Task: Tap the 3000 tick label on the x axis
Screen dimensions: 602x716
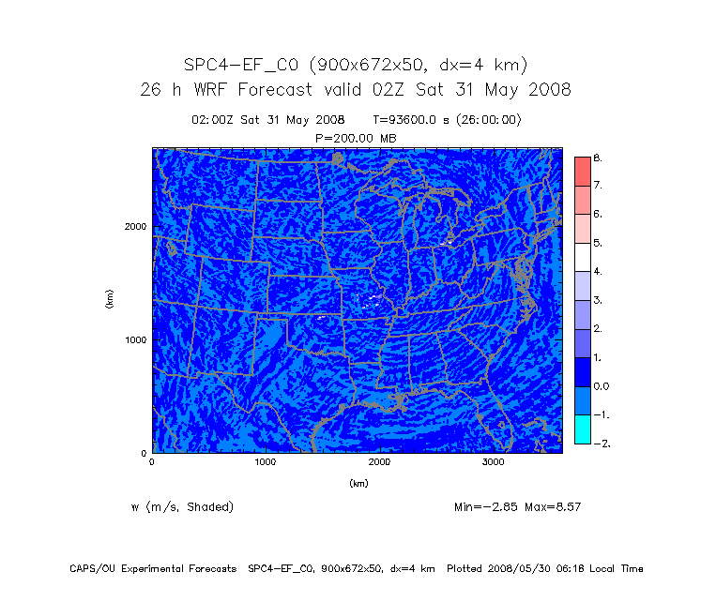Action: (494, 462)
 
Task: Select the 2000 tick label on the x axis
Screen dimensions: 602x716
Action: (380, 462)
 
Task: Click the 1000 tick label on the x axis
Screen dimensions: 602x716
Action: (266, 462)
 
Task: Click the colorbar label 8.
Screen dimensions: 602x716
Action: (598, 158)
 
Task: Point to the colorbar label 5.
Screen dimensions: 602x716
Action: (598, 243)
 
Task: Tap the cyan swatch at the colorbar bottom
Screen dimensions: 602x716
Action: (582, 429)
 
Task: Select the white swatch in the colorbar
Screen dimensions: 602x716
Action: (582, 257)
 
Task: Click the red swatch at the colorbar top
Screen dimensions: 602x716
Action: (582, 172)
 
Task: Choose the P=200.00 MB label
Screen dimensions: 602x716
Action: (357, 137)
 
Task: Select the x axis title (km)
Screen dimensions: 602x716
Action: (358, 484)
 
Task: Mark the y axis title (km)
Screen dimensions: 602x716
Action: (110, 300)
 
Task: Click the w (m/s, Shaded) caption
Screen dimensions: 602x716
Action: (183, 507)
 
